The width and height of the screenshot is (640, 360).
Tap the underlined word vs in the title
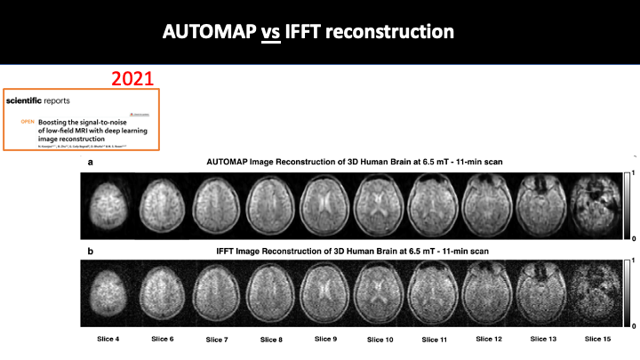271,32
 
